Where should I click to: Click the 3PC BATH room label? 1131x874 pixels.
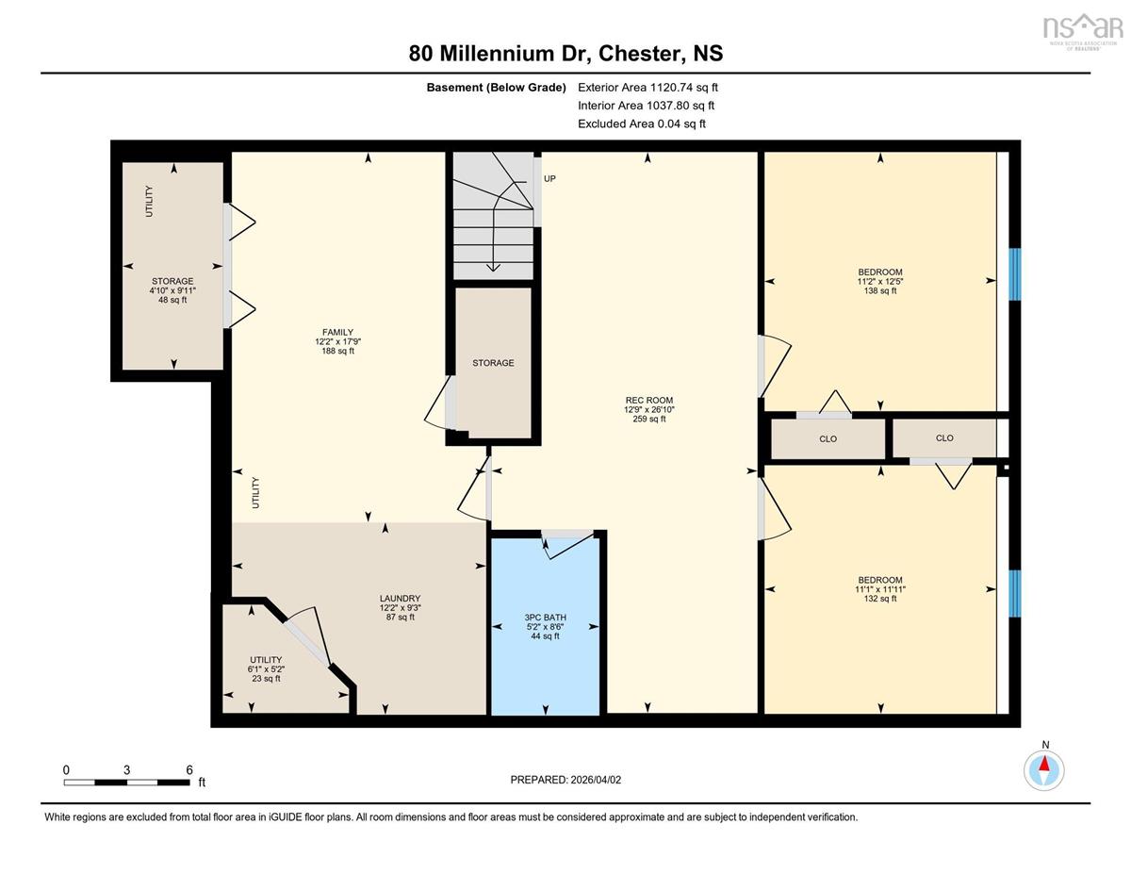[x=545, y=618]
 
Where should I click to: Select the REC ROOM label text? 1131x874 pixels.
[x=649, y=401]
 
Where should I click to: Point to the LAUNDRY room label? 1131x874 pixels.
[x=400, y=599]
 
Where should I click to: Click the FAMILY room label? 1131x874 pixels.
[x=337, y=332]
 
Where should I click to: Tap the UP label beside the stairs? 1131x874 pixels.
[x=549, y=178]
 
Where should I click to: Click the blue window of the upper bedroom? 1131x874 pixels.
[x=1015, y=274]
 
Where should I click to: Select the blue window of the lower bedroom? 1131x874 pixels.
[x=1015, y=593]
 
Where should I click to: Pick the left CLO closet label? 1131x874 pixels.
[x=828, y=438]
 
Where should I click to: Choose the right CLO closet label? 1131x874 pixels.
[x=944, y=437]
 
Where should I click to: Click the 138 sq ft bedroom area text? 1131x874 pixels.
[x=880, y=290]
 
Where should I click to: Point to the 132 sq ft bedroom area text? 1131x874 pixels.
[x=880, y=599]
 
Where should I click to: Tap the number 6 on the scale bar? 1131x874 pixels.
[x=188, y=769]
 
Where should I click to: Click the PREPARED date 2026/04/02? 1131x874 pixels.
[x=596, y=780]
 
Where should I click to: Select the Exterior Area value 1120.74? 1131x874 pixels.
[x=672, y=88]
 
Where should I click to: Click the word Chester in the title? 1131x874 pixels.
[x=639, y=53]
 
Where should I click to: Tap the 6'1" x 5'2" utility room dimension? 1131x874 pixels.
[x=266, y=669]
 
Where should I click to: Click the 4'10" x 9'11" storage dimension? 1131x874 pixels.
[x=172, y=290]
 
